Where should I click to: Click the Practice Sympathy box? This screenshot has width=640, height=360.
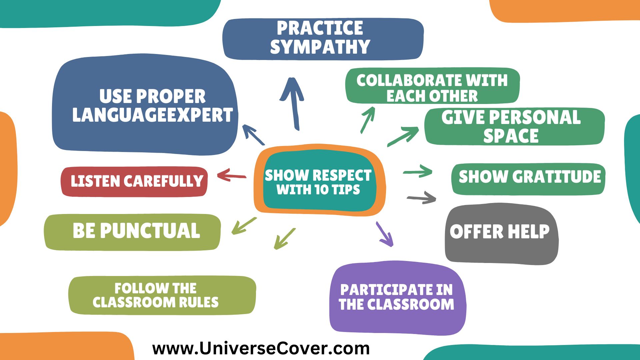tap(323, 38)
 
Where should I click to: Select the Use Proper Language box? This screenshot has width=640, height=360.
tap(145, 105)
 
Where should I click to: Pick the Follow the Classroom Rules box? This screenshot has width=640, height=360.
tap(162, 295)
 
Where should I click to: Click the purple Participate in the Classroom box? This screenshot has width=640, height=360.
tap(397, 298)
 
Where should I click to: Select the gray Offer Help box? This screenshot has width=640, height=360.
tap(501, 233)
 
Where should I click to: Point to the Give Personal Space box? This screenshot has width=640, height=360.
tap(514, 127)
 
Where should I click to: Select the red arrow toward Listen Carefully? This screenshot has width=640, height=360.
tap(231, 175)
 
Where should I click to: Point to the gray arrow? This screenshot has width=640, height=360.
tap(422, 197)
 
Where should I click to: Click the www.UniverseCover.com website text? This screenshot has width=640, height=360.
tap(261, 349)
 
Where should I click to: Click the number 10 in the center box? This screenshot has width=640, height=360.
tap(322, 190)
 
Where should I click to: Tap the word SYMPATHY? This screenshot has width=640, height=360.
tap(320, 47)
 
